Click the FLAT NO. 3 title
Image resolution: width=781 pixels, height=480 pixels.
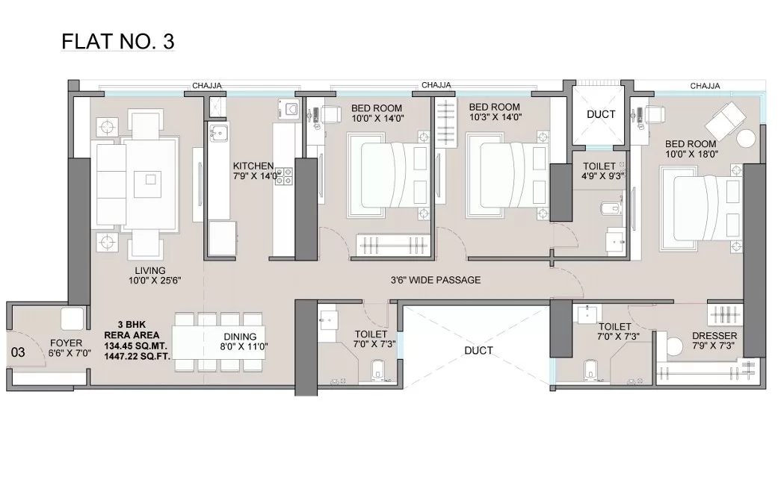(x=118, y=41)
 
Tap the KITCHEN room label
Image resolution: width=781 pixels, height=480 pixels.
(x=253, y=166)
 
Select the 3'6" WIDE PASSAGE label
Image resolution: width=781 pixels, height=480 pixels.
(x=436, y=280)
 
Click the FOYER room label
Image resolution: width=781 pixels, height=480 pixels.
(x=67, y=343)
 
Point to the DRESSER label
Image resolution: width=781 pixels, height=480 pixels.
(x=714, y=336)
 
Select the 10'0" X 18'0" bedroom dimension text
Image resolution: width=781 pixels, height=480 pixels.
(x=691, y=155)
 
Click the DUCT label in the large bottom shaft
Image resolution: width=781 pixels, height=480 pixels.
(x=478, y=351)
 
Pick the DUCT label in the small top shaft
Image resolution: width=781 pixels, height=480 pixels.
(x=601, y=114)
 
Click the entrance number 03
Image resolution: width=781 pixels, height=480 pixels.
(x=18, y=352)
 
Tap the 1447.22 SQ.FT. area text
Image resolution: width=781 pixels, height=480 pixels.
(x=137, y=356)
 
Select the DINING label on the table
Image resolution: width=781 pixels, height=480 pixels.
(x=240, y=337)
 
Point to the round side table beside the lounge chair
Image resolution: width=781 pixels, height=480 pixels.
(x=746, y=138)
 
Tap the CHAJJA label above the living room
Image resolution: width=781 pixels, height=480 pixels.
(x=207, y=86)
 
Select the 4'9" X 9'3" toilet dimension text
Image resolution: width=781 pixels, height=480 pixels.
(x=602, y=175)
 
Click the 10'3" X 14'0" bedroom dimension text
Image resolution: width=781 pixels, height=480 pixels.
(x=495, y=117)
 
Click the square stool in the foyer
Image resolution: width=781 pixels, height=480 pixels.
(x=72, y=318)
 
